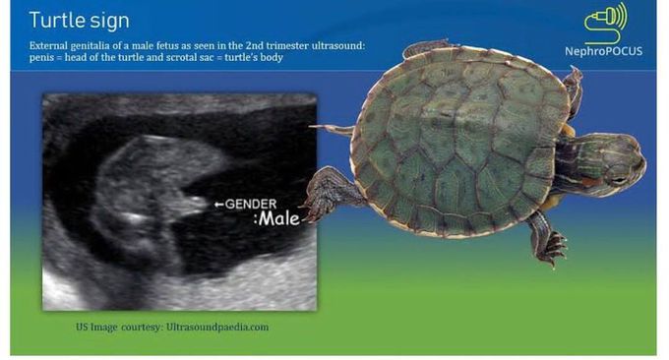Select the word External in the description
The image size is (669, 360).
tap(51, 45)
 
